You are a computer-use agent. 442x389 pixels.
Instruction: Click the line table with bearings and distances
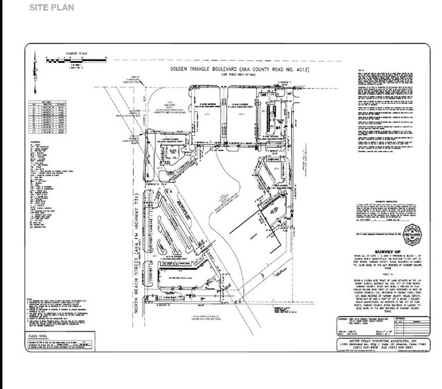pyautogui.click(x=49, y=119)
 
